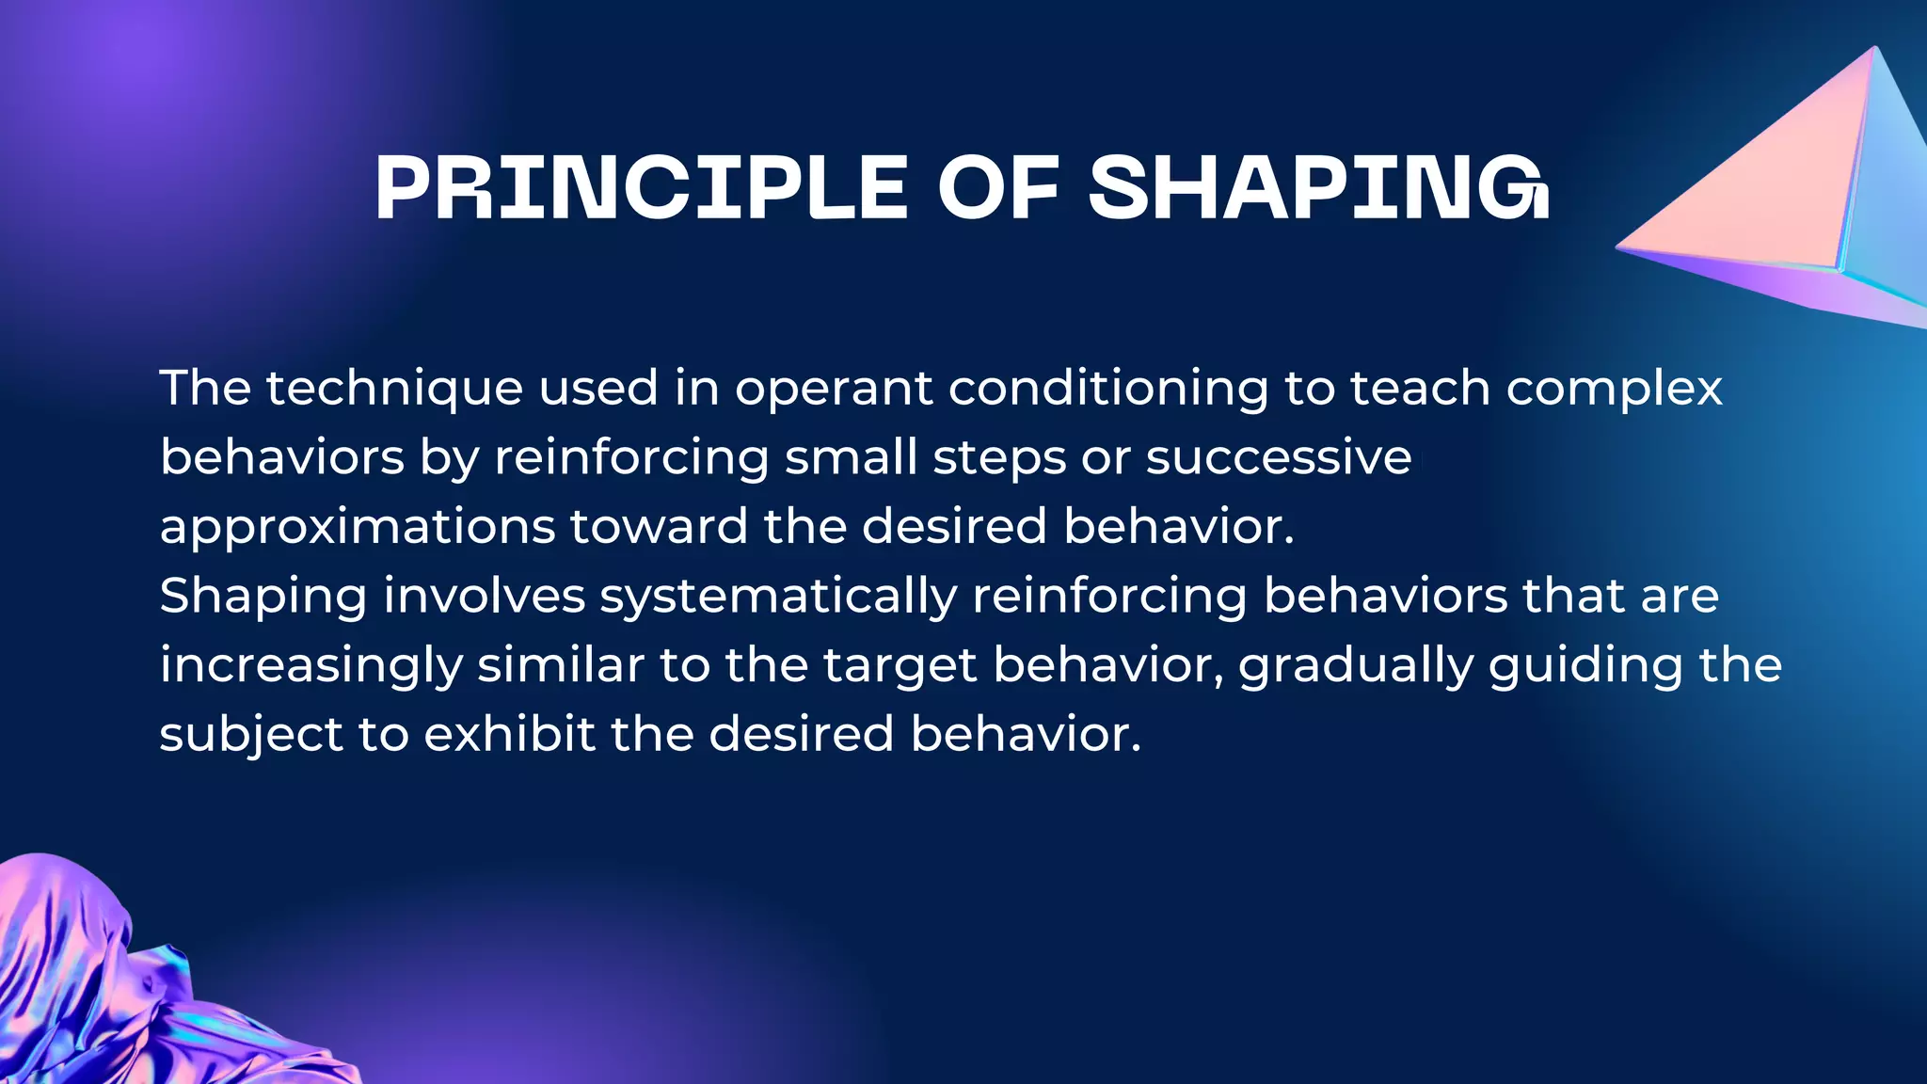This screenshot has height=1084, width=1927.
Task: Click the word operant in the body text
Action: pos(834,389)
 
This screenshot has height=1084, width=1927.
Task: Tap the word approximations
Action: pos(358,528)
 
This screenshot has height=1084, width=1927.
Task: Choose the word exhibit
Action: pos(509,734)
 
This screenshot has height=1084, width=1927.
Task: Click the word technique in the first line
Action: pos(394,389)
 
